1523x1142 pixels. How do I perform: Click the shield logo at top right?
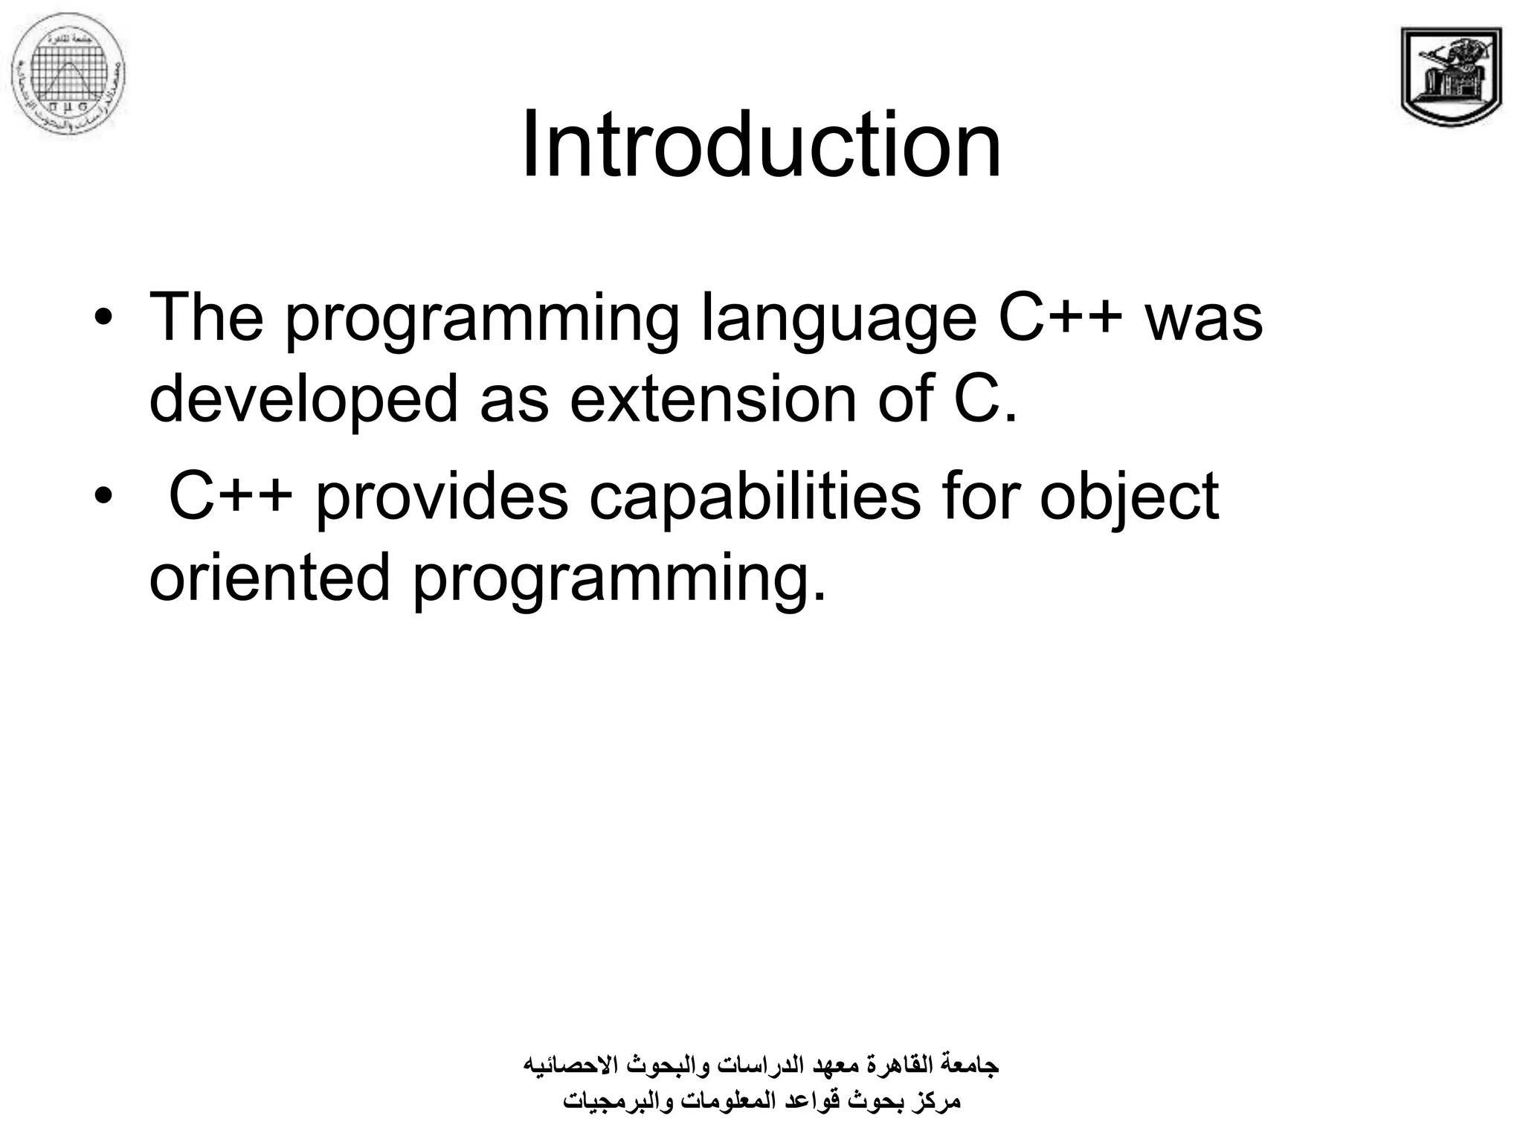(1451, 77)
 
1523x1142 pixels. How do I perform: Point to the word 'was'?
(1203, 318)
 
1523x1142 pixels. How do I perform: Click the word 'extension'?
(712, 399)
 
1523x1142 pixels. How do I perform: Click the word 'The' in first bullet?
(206, 318)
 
